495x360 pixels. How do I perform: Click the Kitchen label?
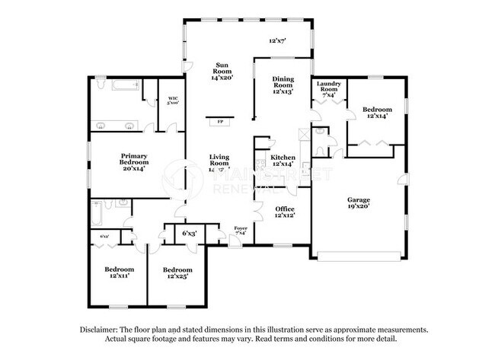[x=283, y=158]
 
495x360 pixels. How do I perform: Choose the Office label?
[x=285, y=209]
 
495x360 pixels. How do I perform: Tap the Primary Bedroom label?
[x=133, y=158]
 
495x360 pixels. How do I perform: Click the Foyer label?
[x=241, y=228]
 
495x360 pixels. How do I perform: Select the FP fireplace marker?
[x=221, y=121]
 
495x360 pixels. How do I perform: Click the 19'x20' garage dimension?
[x=362, y=205]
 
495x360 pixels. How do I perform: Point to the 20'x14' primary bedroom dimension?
[x=133, y=167]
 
